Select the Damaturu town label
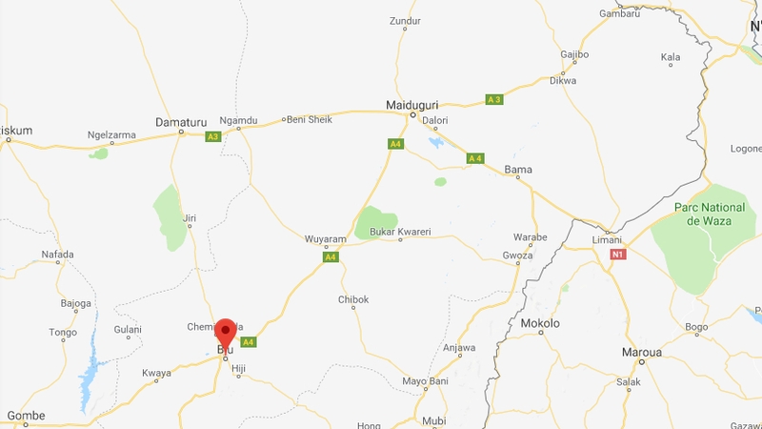pyautogui.click(x=181, y=122)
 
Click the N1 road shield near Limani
pyautogui.click(x=618, y=255)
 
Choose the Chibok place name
pyautogui.click(x=353, y=299)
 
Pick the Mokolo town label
pyautogui.click(x=540, y=323)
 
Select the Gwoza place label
pyautogui.click(x=518, y=255)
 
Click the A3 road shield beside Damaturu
pyautogui.click(x=213, y=136)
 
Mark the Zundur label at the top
pyautogui.click(x=405, y=20)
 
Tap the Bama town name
pyautogui.click(x=518, y=170)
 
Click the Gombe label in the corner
pyautogui.click(x=26, y=416)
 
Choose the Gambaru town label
pyautogui.click(x=619, y=13)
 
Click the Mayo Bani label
pyautogui.click(x=425, y=381)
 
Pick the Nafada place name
pyautogui.click(x=57, y=254)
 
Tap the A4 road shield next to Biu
pyautogui.click(x=249, y=341)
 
